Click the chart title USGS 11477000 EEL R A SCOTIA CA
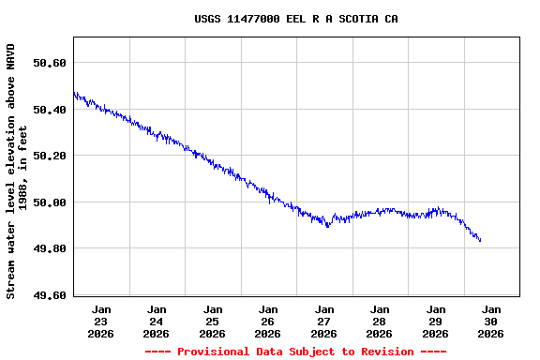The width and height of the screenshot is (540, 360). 295,19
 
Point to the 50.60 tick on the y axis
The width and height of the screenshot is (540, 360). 50,63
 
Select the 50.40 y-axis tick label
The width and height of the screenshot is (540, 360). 50,110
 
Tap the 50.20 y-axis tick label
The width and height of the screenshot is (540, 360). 50,156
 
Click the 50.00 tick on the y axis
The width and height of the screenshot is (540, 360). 50,202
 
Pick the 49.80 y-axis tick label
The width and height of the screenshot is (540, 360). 50,249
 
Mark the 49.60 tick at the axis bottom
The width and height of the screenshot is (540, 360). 50,295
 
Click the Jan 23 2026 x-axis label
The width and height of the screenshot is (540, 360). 101,321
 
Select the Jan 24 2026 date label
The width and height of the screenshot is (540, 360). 157,321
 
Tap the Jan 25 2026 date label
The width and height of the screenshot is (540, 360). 213,321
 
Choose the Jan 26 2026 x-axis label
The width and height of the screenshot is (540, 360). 268,321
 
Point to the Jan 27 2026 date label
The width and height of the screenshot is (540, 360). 324,321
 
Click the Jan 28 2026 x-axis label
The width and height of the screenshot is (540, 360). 380,321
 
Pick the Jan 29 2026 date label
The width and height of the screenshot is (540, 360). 436,321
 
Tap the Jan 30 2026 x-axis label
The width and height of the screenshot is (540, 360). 491,321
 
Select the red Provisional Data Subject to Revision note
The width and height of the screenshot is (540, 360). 295,352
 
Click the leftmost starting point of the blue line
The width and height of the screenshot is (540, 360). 74,93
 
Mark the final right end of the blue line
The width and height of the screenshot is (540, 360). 481,241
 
